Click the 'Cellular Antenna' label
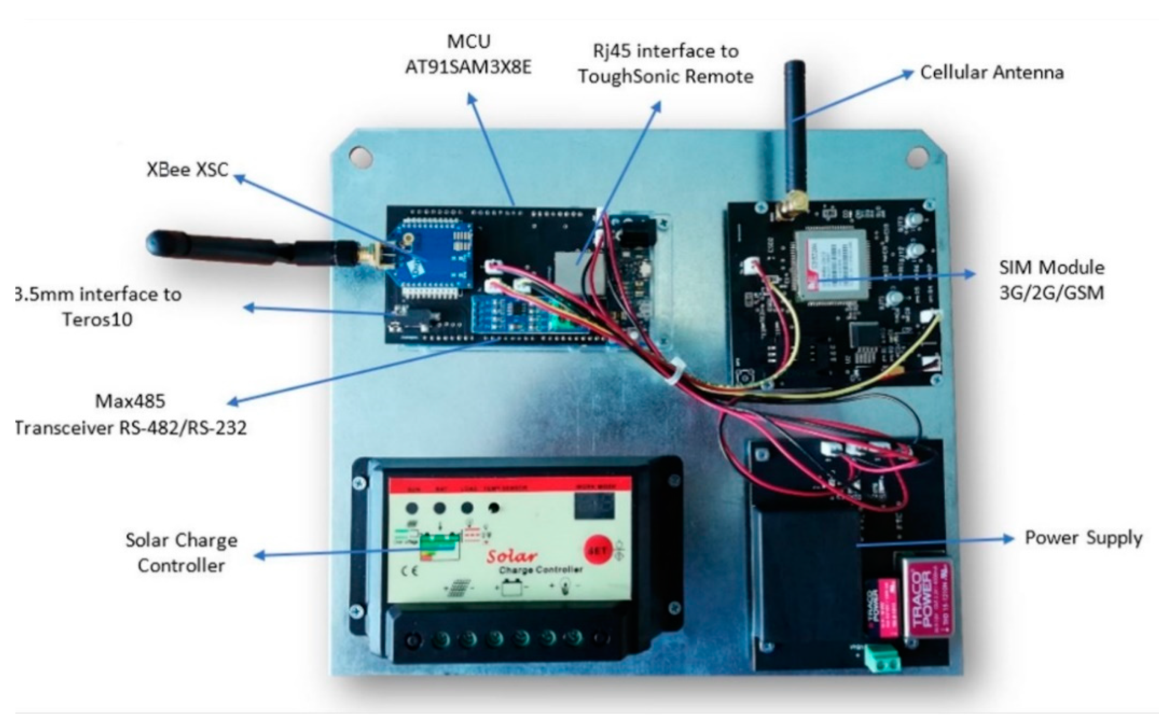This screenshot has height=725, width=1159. pyautogui.click(x=991, y=73)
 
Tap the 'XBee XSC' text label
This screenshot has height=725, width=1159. pyautogui.click(x=187, y=170)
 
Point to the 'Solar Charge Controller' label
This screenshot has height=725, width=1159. pyautogui.click(x=181, y=552)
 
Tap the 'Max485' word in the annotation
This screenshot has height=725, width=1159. pyautogui.click(x=130, y=401)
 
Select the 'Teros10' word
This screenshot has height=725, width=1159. pyautogui.click(x=97, y=319)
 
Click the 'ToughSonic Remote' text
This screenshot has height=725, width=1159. pyautogui.click(x=665, y=77)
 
